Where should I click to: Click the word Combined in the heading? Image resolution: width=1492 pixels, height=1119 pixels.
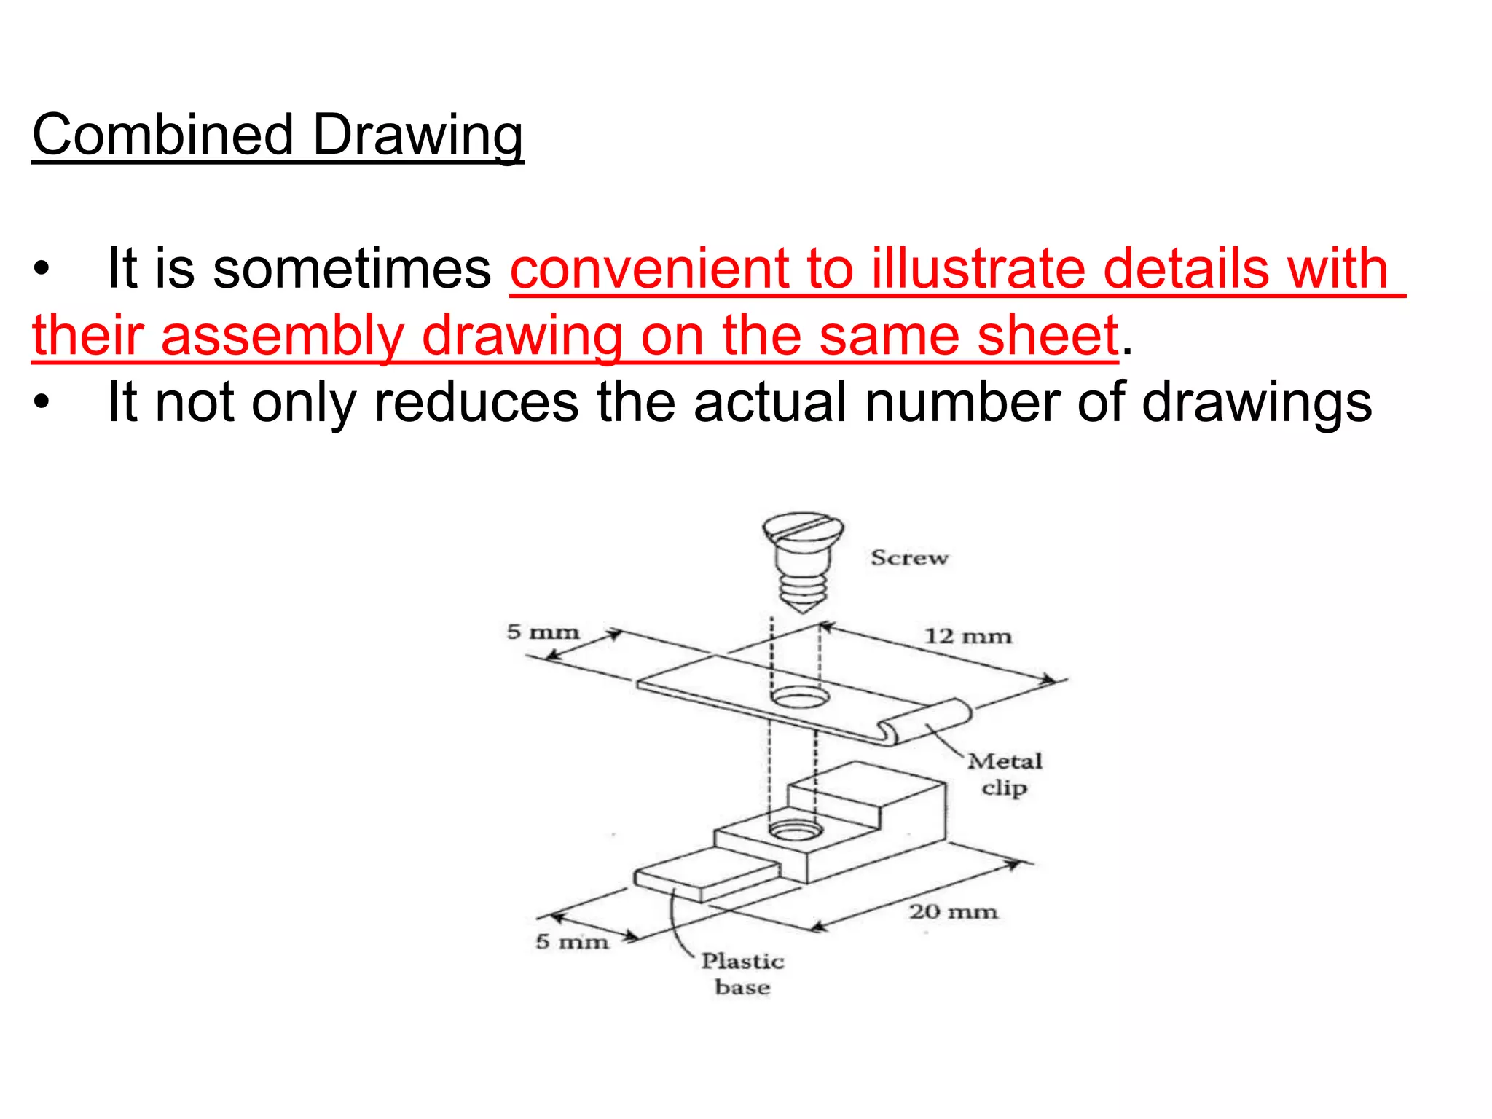162,136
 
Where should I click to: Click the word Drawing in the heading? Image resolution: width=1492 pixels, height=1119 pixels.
418,136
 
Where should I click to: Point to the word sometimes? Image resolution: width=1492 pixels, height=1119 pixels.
352,269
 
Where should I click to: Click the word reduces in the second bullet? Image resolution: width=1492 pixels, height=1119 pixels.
476,402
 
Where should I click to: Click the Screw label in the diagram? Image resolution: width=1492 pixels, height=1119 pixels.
909,558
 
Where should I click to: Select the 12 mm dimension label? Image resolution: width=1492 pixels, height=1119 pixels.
967,636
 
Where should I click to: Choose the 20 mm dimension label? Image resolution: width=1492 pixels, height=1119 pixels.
953,911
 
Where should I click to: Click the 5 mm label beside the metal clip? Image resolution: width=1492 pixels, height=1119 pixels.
543,632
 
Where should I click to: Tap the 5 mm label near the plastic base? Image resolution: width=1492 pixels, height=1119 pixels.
572,941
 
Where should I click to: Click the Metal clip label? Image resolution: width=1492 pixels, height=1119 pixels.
1005,774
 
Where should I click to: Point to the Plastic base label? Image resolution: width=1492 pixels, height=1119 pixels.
742,974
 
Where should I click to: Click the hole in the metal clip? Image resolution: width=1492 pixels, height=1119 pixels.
800,698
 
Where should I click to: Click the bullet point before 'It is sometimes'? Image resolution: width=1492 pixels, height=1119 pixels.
42,270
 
